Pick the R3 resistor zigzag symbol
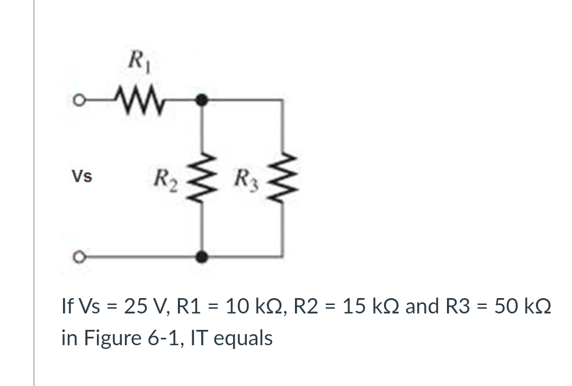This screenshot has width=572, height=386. (x=283, y=177)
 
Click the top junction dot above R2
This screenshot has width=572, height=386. (x=202, y=98)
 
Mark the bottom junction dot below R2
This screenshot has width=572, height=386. (x=202, y=257)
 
